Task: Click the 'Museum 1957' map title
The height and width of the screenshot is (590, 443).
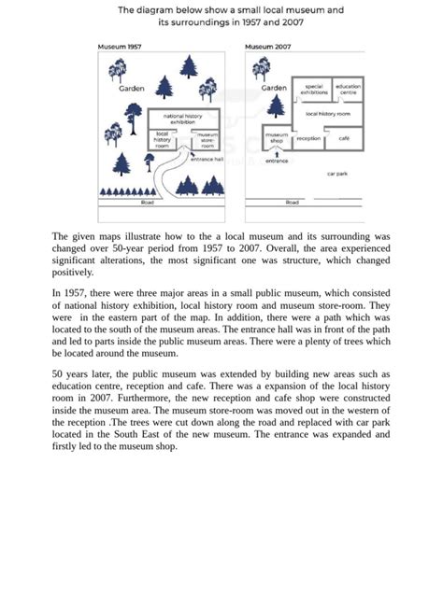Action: coord(120,46)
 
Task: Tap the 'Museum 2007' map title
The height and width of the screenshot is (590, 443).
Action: coord(267,46)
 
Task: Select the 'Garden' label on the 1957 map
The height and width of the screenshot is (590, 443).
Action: coord(132,89)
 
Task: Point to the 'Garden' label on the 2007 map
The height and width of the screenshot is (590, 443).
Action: coord(274,88)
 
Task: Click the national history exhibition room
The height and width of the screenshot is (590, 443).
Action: coord(184,119)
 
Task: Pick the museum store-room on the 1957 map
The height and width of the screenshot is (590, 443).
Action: coord(207,140)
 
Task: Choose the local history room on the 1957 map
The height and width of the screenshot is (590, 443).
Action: coord(163,140)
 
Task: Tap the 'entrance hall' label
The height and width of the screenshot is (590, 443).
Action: coord(207,160)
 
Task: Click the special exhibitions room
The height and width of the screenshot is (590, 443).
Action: coord(314,89)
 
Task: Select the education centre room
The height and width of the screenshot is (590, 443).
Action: coord(348,89)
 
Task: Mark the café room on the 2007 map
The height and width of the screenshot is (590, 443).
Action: coord(344,138)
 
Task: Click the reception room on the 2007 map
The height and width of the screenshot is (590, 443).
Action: coord(308,138)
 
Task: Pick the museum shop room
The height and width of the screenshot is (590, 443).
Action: coord(277,138)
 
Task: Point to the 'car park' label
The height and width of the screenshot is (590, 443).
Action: coord(337,174)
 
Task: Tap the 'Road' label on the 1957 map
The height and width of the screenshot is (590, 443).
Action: coord(148,203)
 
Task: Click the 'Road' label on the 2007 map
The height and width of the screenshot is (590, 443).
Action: coord(293,203)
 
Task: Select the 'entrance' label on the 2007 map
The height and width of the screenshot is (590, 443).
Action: coord(277,162)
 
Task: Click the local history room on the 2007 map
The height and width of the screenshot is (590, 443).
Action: coord(327,113)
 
